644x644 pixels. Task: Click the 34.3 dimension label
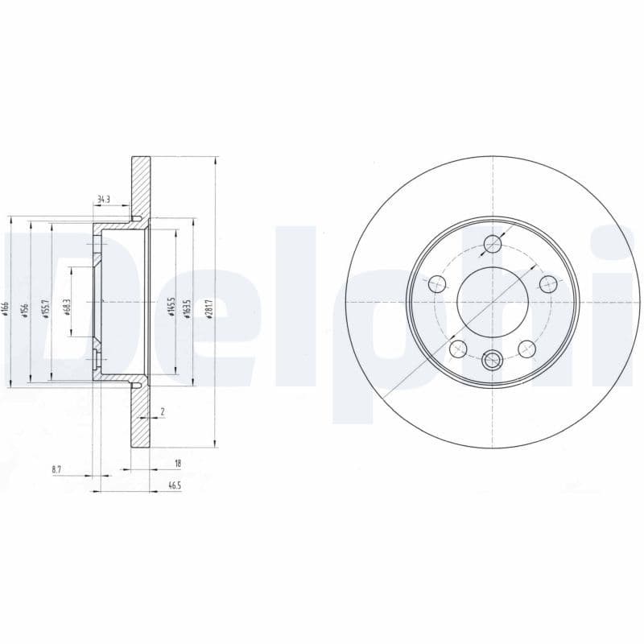pos(103,199)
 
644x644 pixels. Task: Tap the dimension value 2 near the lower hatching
pos(163,411)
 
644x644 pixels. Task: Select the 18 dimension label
pos(178,464)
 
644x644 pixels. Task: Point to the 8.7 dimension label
pos(56,468)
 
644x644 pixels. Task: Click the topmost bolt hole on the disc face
pos(492,246)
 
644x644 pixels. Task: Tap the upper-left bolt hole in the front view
pos(437,283)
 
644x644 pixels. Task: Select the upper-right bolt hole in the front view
pos(547,283)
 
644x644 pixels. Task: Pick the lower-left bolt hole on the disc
pos(458,348)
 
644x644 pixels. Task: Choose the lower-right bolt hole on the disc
pos(526,348)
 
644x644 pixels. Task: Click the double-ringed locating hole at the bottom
pos(492,361)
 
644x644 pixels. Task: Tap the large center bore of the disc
pos(492,303)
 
